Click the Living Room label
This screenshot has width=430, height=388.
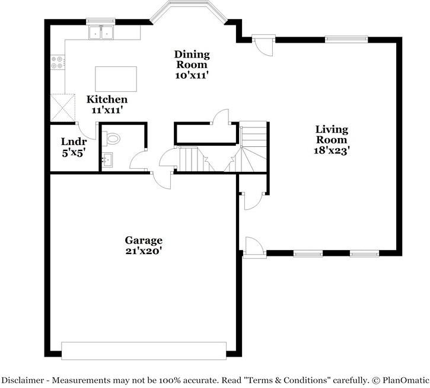click(x=332, y=134)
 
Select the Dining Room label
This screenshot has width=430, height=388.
click(x=191, y=59)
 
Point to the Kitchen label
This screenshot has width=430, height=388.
click(x=107, y=100)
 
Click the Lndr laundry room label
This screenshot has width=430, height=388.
click(x=74, y=142)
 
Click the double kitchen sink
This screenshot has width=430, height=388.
click(x=101, y=33)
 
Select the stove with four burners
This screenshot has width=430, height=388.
click(x=58, y=62)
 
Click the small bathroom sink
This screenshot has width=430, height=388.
click(x=107, y=159)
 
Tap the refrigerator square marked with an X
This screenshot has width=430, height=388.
click(x=63, y=107)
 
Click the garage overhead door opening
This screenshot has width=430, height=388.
click(x=144, y=350)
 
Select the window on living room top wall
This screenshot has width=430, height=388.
click(x=345, y=40)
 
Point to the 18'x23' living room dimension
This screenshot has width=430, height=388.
click(x=332, y=150)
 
